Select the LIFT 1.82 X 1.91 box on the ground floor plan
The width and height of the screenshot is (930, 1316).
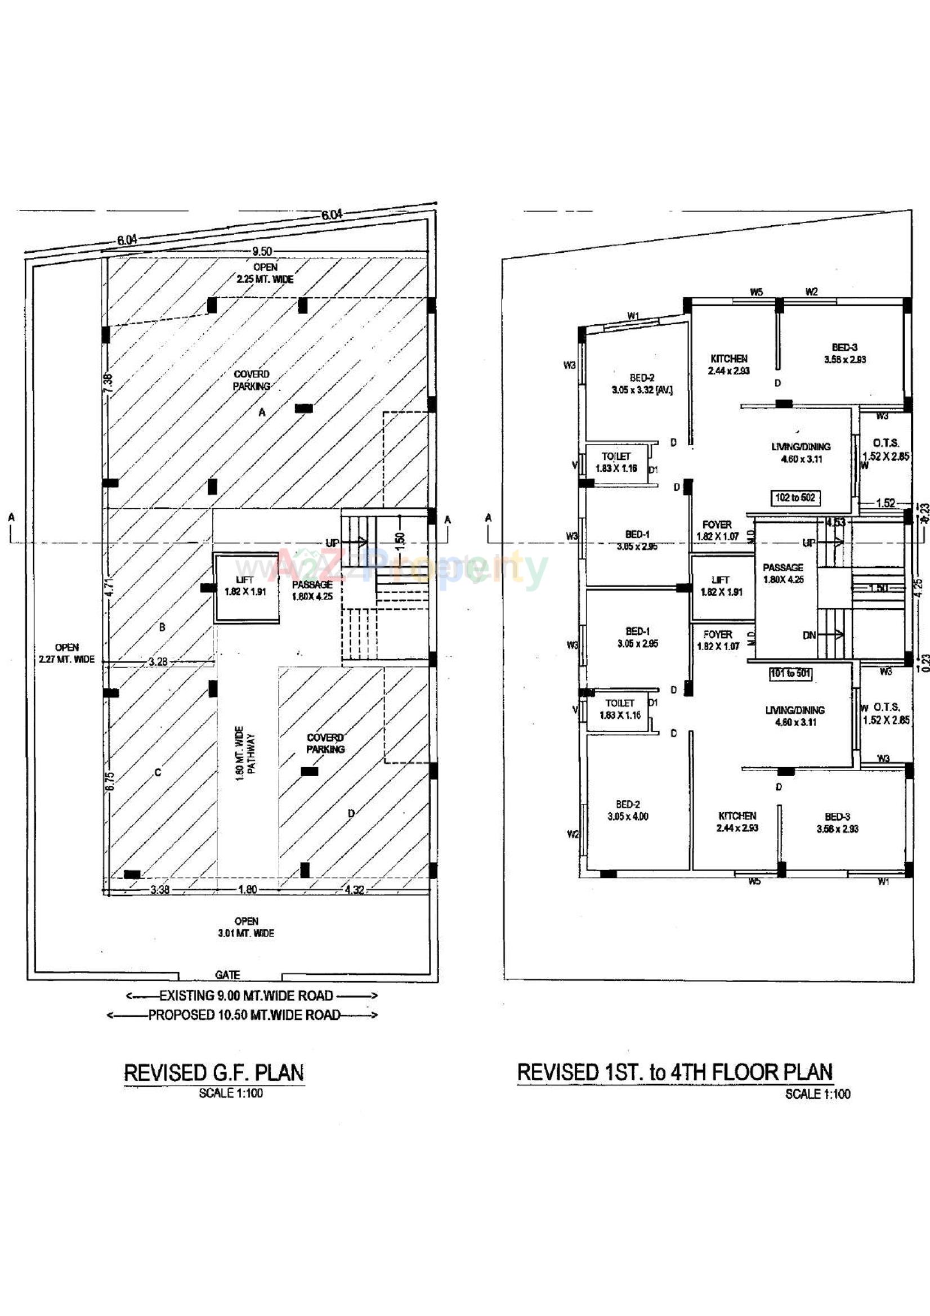tap(245, 587)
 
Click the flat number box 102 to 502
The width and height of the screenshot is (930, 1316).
tap(795, 498)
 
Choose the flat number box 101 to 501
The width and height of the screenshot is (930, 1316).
tap(790, 673)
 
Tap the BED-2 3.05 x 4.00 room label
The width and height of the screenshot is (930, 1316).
tap(628, 811)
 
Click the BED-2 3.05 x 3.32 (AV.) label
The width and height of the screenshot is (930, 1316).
tap(642, 384)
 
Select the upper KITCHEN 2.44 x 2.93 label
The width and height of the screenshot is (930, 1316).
tap(729, 365)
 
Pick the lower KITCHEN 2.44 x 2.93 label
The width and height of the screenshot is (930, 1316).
tap(737, 821)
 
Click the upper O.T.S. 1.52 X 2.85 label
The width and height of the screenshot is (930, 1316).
tap(886, 449)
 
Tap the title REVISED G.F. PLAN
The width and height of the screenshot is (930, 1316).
tap(214, 1073)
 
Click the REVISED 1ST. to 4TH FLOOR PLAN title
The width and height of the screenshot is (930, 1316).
tap(674, 1072)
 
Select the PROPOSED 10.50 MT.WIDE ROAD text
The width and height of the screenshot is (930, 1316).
tap(244, 1015)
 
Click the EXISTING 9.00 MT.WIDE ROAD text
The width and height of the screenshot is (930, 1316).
tap(246, 996)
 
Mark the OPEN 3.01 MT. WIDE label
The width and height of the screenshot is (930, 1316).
tap(246, 927)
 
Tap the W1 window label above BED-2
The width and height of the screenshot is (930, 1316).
tap(632, 316)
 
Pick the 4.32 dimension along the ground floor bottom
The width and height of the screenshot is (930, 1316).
tap(354, 890)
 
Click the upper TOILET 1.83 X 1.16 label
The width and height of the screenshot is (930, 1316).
tap(616, 462)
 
